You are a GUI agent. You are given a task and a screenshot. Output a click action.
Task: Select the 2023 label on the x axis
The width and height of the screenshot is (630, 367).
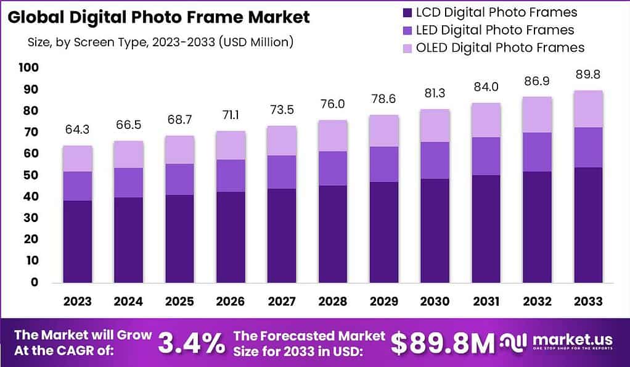[77, 302]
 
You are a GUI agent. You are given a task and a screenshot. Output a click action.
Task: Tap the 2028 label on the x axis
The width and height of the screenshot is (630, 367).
[333, 302]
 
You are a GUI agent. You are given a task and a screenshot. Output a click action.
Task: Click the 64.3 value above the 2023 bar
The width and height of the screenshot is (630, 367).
[77, 131]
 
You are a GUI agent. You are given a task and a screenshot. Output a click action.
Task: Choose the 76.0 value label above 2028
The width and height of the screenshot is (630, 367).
[333, 104]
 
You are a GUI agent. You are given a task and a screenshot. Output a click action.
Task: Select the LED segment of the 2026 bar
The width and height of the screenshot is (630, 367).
[231, 176]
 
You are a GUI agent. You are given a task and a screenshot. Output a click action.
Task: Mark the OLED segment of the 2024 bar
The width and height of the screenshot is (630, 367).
[128, 154]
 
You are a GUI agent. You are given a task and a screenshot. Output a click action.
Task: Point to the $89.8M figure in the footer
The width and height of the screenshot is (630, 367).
[443, 344]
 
